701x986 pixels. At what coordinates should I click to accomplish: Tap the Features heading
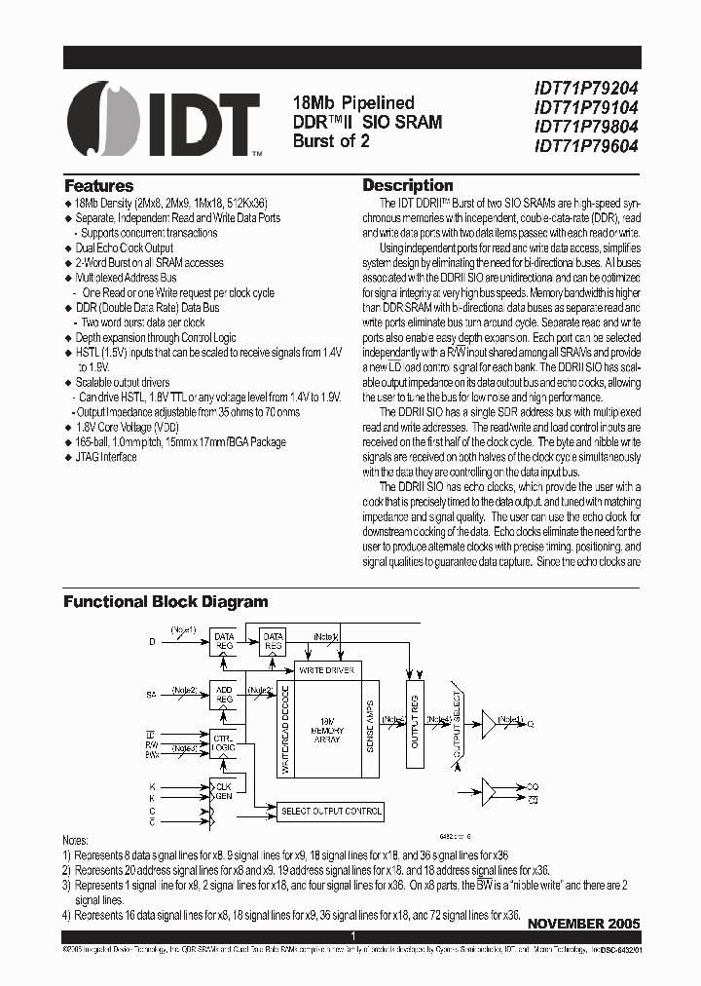[x=98, y=185]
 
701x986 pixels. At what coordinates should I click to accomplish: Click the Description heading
[x=407, y=185]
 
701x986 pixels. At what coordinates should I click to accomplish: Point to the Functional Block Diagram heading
[x=166, y=602]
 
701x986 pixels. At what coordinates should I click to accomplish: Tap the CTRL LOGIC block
[x=223, y=743]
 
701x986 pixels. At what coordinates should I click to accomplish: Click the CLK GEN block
[x=223, y=790]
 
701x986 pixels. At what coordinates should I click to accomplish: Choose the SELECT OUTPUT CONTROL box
[x=331, y=811]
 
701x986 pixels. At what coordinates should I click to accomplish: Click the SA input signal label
[x=150, y=694]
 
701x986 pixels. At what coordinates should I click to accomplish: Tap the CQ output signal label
[x=532, y=784]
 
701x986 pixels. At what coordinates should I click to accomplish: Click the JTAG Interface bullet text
[x=106, y=457]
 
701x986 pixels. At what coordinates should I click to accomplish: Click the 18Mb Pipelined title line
[x=353, y=102]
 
